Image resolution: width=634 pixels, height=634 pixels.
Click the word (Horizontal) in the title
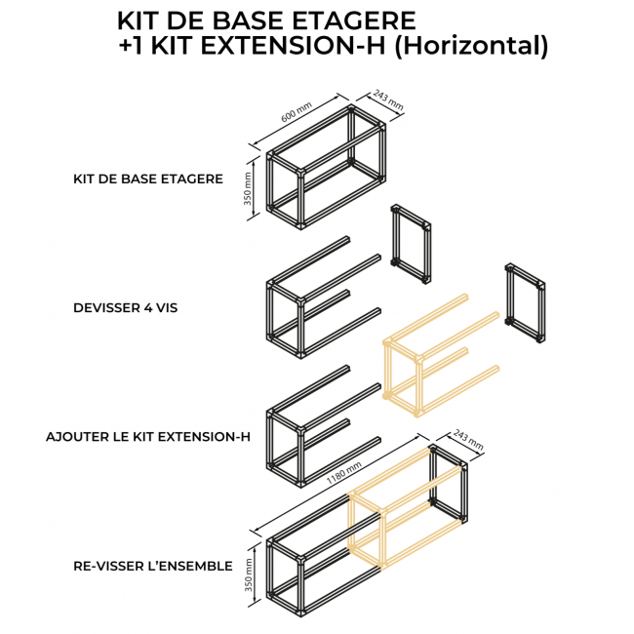(x=471, y=46)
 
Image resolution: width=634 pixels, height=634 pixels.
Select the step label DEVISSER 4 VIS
(x=125, y=307)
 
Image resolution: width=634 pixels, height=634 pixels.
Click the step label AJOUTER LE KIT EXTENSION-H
(x=147, y=437)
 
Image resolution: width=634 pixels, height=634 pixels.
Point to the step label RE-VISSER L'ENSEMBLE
(x=152, y=566)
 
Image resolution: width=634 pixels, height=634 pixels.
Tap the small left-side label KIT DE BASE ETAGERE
(x=147, y=178)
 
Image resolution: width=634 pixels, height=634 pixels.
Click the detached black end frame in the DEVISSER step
(x=410, y=244)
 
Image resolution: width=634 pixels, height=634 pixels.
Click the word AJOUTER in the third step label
(x=77, y=437)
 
